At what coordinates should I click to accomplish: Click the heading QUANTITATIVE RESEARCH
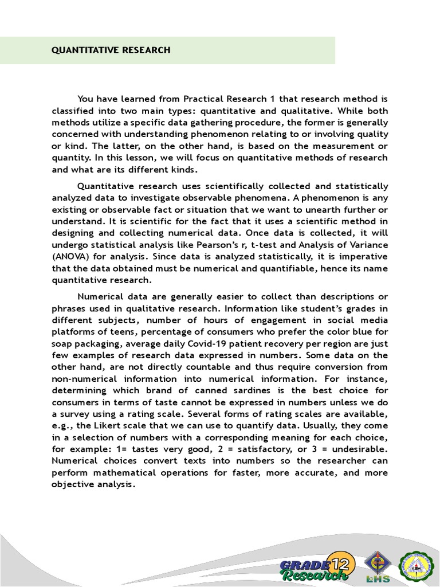click(x=111, y=50)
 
